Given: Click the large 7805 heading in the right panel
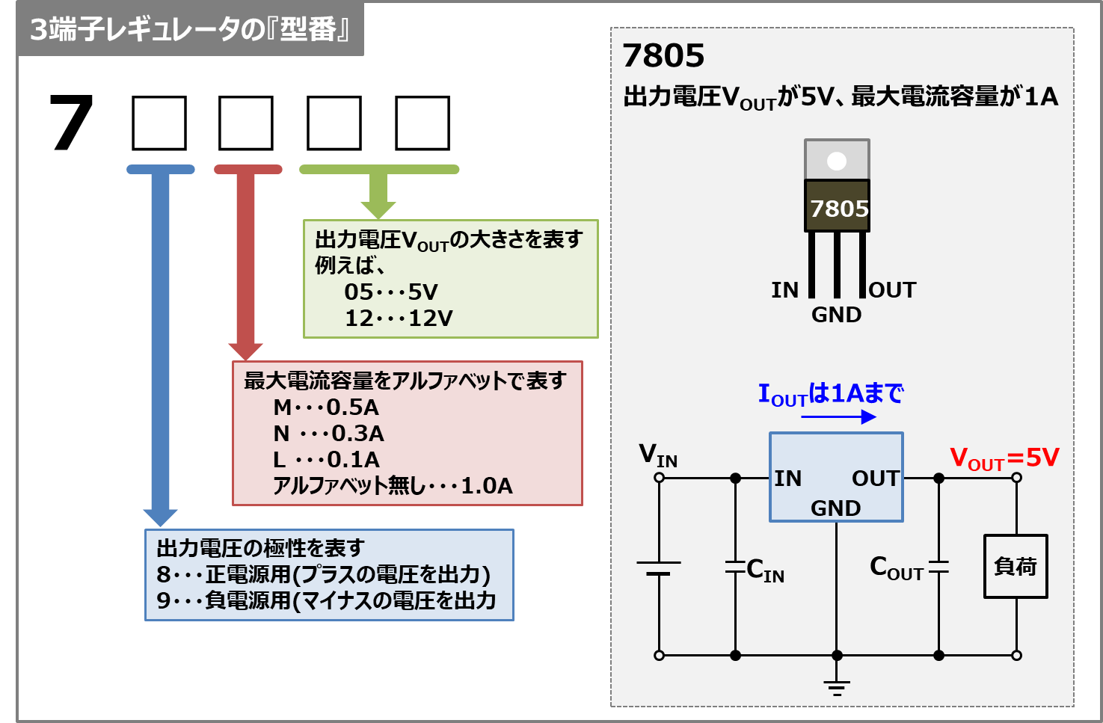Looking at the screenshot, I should click(x=663, y=56).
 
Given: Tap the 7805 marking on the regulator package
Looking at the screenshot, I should click(x=839, y=209).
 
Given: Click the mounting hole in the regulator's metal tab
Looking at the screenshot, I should click(x=837, y=161).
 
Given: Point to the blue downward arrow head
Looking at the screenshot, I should click(x=160, y=517).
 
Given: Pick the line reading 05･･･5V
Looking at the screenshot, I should click(x=391, y=292).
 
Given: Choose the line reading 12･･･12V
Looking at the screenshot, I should click(x=399, y=319).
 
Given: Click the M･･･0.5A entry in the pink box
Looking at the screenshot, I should click(x=326, y=407).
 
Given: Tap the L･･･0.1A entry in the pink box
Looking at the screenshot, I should click(x=326, y=460).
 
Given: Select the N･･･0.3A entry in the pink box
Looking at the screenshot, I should click(x=328, y=434).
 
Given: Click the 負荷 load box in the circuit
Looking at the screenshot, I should click(x=1016, y=567).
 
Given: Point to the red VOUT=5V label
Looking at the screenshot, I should click(x=1004, y=458).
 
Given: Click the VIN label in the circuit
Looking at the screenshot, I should click(x=658, y=455).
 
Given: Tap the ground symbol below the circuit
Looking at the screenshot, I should click(x=837, y=687).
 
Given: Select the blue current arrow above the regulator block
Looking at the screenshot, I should click(x=838, y=416).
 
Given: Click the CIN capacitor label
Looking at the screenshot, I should click(x=765, y=571).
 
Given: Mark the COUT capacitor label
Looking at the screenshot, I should click(x=896, y=569).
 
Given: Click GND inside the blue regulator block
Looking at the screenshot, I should click(x=836, y=508).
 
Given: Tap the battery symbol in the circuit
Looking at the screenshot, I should click(x=659, y=568).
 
